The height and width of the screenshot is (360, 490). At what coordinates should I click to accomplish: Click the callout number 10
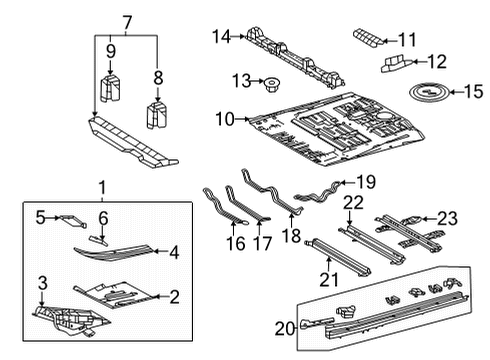pos(225,119)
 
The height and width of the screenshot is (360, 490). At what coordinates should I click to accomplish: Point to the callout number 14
pos(221,37)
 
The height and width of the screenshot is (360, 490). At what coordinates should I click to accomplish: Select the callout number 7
pos(127,22)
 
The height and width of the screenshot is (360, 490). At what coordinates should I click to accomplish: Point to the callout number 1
pos(100,186)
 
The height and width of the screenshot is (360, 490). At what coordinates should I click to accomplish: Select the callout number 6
pos(102,217)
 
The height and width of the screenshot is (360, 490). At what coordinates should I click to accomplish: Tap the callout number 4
pos(174,252)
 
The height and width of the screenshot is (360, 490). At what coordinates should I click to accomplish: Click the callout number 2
pos(173,295)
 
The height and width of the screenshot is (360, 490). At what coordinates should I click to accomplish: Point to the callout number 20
pos(284,326)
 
